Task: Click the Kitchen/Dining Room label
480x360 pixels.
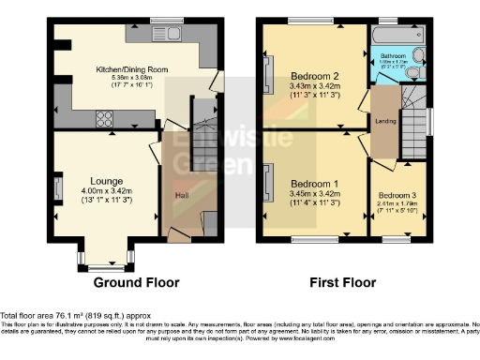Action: (131, 69)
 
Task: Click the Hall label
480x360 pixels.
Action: (180, 195)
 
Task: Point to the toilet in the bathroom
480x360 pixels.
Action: (416, 56)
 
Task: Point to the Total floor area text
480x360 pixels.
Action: (75, 316)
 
